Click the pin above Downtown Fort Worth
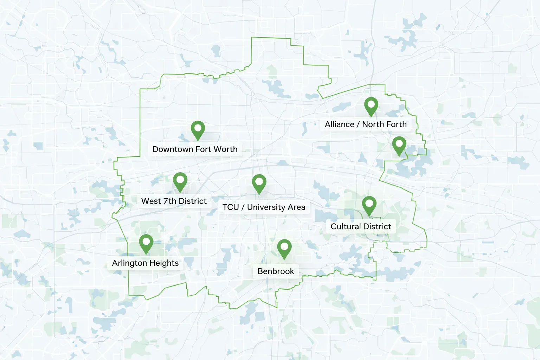click(x=198, y=129)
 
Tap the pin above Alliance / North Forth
click(x=371, y=105)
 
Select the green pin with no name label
click(x=399, y=145)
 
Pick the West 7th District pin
click(x=180, y=181)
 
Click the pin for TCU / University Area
click(x=259, y=183)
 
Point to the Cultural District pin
click(x=369, y=205)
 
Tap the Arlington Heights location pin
click(x=146, y=243)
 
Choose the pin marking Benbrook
click(x=284, y=248)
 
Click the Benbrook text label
click(x=276, y=271)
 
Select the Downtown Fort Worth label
click(x=195, y=149)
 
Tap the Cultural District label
click(x=361, y=226)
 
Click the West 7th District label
click(x=174, y=201)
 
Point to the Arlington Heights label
click(x=145, y=263)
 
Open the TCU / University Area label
click(x=264, y=207)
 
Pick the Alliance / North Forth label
click(x=366, y=124)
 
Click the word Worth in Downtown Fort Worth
click(x=225, y=149)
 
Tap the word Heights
click(x=164, y=263)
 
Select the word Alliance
click(x=340, y=124)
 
